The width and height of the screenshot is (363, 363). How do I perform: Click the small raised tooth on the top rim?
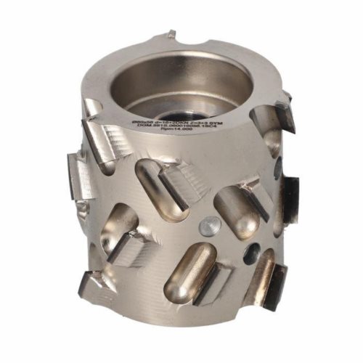tap(171, 34)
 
